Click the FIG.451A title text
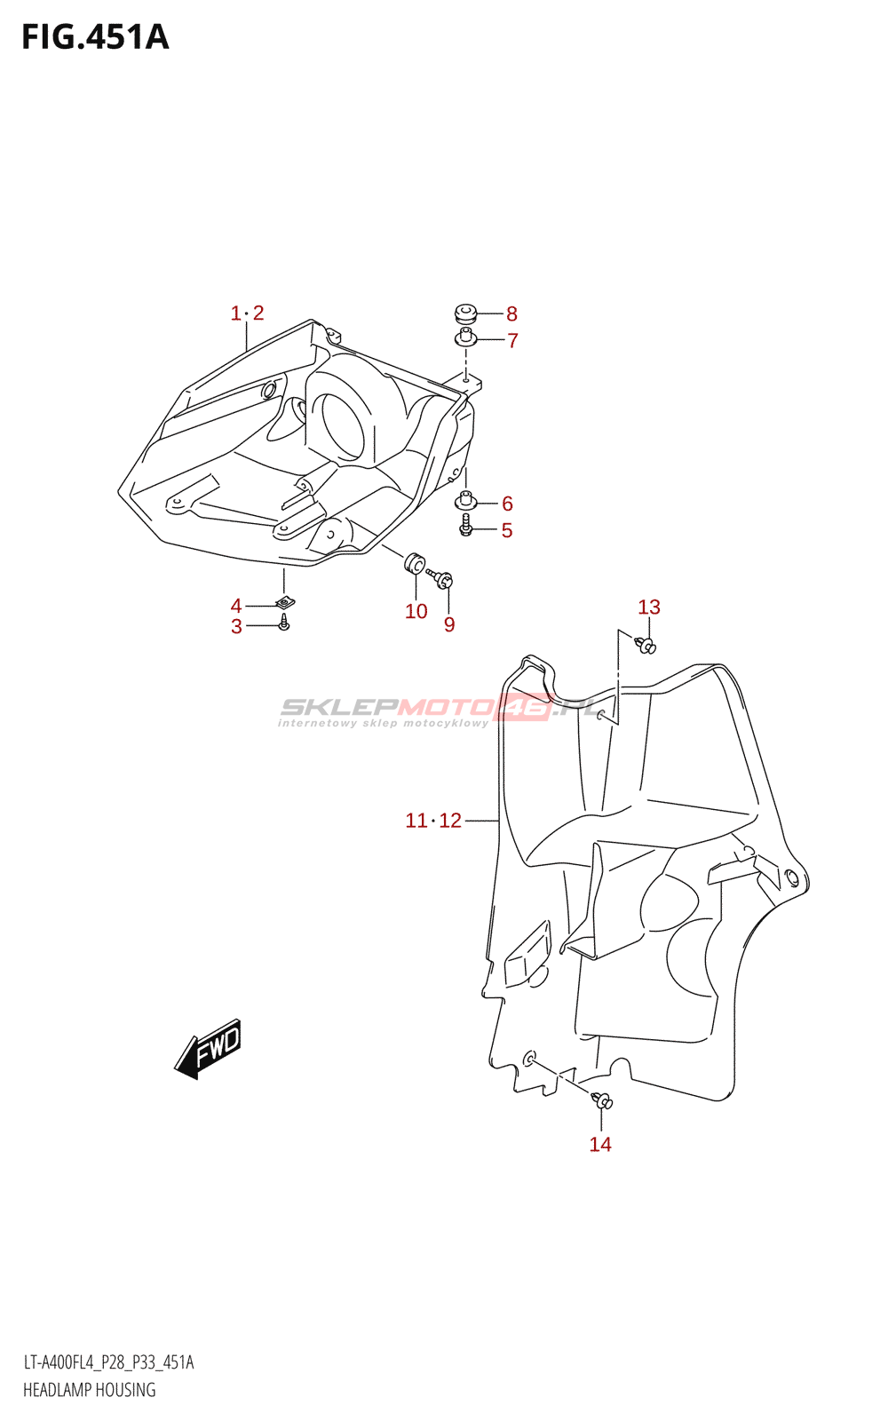tap(95, 37)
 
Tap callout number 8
tap(511, 314)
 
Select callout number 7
tap(512, 340)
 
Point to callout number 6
tap(507, 504)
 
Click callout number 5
tap(507, 531)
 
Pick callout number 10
tap(416, 611)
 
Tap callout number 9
tap(449, 625)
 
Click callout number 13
tap(649, 607)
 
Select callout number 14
tap(600, 1144)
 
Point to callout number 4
tap(236, 606)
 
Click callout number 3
tap(236, 627)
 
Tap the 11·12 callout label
tap(433, 821)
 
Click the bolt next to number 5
tap(465, 528)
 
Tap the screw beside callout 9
tap(441, 578)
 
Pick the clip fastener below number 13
tap(646, 645)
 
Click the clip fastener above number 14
tap(603, 1101)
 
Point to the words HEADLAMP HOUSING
tap(89, 1390)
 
